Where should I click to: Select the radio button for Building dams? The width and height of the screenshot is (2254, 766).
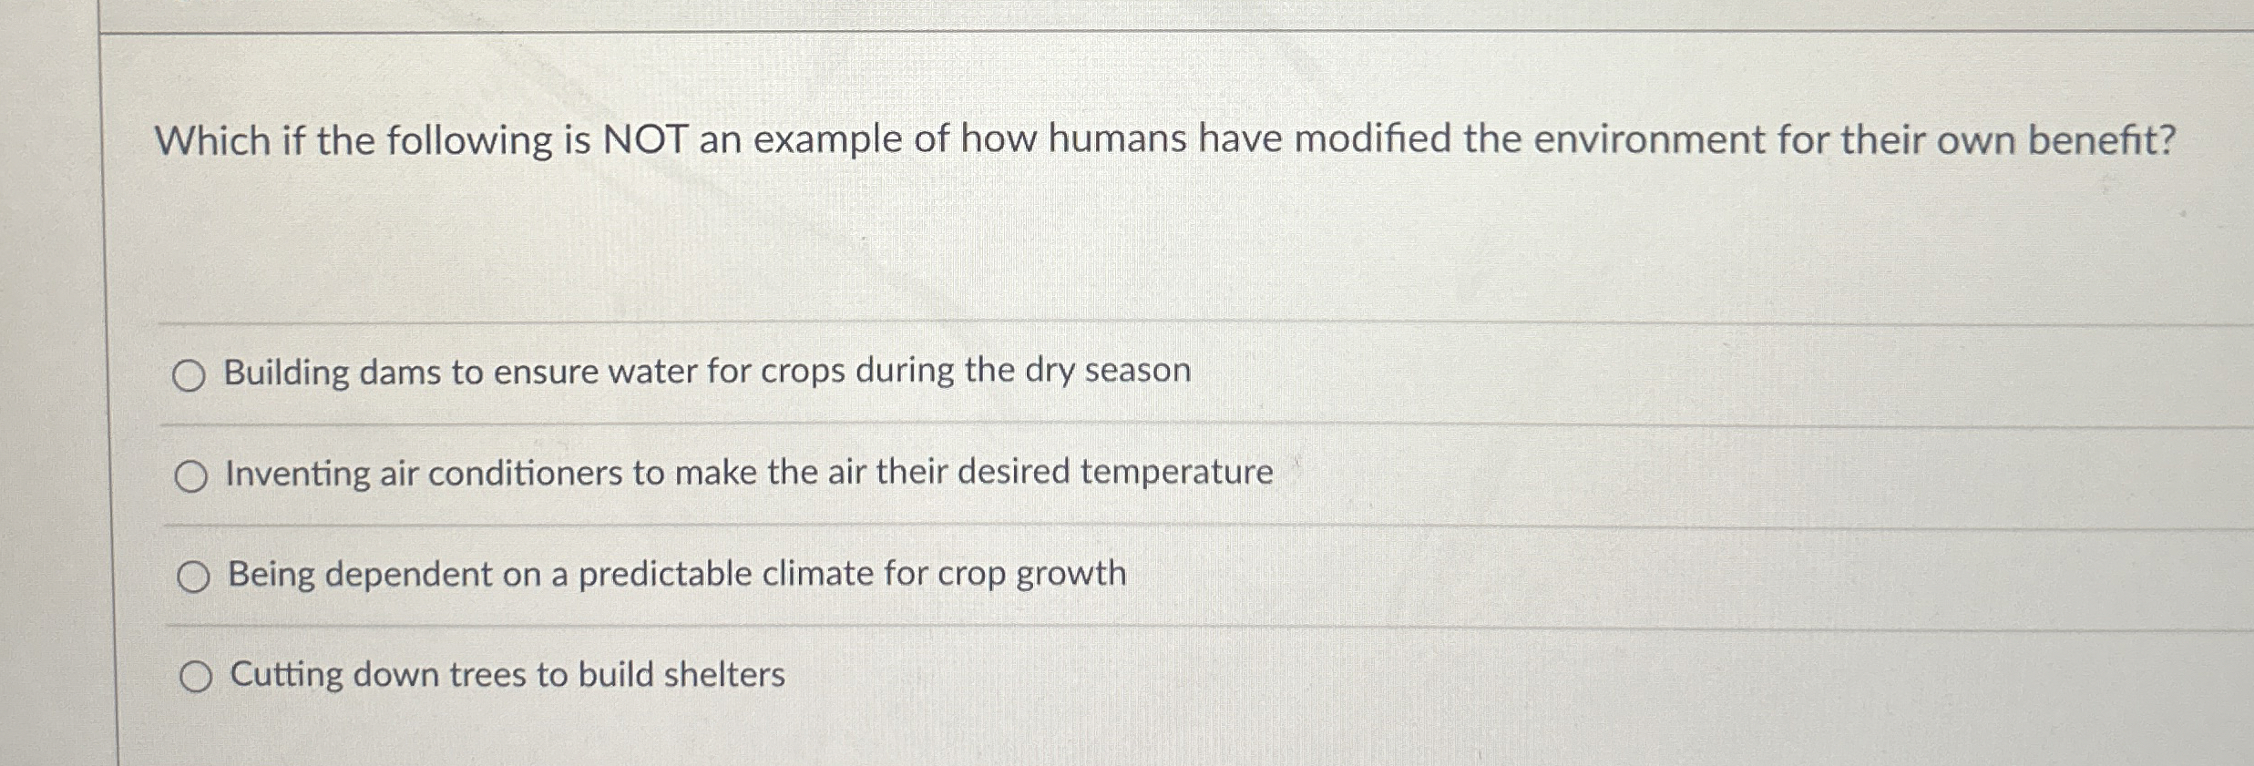pyautogui.click(x=189, y=375)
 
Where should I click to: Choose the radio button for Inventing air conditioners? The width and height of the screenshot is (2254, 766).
pyautogui.click(x=190, y=476)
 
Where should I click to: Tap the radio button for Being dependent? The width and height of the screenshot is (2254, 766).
pyautogui.click(x=193, y=577)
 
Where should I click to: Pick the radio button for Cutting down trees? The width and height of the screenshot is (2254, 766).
pyautogui.click(x=196, y=677)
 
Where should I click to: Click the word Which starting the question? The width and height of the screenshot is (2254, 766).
pyautogui.click(x=213, y=141)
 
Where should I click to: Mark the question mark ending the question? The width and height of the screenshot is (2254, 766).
pyautogui.click(x=2166, y=140)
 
